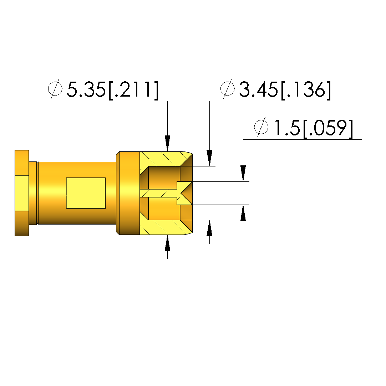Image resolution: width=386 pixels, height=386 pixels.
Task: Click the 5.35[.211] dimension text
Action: (x=113, y=90)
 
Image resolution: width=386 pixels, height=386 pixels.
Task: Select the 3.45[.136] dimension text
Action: (x=285, y=90)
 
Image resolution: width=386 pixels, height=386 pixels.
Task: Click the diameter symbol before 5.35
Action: (x=55, y=89)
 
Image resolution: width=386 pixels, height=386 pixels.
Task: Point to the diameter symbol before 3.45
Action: (x=227, y=89)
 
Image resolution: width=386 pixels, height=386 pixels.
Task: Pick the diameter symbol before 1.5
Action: (x=261, y=127)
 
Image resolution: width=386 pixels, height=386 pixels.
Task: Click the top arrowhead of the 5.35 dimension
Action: (x=168, y=143)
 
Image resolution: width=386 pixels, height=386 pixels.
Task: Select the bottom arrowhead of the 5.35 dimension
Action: (x=168, y=243)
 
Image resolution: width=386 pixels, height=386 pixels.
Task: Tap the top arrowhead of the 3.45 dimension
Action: (x=210, y=158)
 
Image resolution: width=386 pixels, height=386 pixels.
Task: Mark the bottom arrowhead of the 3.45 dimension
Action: (x=210, y=228)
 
